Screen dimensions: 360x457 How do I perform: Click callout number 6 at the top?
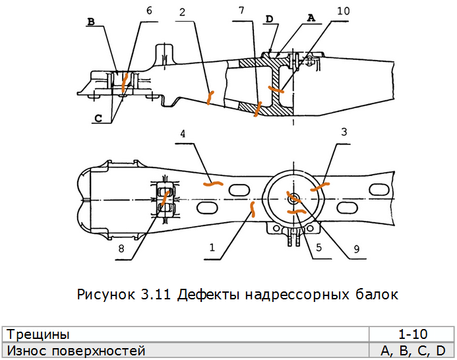tap(148, 11)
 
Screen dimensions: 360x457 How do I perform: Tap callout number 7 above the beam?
tap(242, 12)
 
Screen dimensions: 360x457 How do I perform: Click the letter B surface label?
tap(91, 22)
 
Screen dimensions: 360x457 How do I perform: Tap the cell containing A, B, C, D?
tap(410, 351)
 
